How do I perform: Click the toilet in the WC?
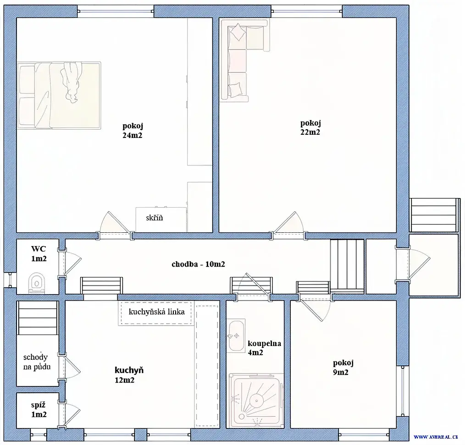[37, 283]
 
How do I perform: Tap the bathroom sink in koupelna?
[236, 335]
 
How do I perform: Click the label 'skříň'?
[154, 218]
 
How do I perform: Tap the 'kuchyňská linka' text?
[156, 312]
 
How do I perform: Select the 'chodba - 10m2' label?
[198, 264]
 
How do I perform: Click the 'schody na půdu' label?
[37, 362]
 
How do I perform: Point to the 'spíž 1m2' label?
[39, 409]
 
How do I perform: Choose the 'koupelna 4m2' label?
[264, 348]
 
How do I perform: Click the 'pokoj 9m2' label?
[343, 368]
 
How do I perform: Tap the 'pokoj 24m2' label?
[133, 130]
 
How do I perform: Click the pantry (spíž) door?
[71, 415]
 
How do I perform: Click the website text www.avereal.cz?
[436, 437]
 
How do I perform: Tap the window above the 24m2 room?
[116, 11]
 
